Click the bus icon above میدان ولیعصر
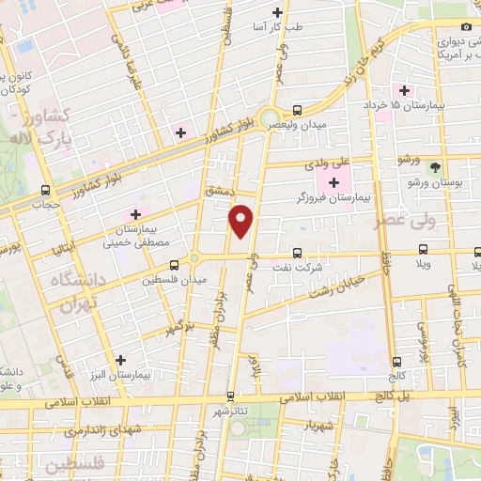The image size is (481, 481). pos(297,107)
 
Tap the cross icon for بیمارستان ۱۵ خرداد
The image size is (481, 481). pos(405,91)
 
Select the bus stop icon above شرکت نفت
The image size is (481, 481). pos(297,252)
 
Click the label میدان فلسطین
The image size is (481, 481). pos(173,279)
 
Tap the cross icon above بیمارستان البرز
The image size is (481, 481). pos(119,359)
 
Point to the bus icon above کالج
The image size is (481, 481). pos(395,360)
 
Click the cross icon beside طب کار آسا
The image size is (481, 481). pos(277,12)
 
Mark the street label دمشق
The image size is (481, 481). pos(218,190)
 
